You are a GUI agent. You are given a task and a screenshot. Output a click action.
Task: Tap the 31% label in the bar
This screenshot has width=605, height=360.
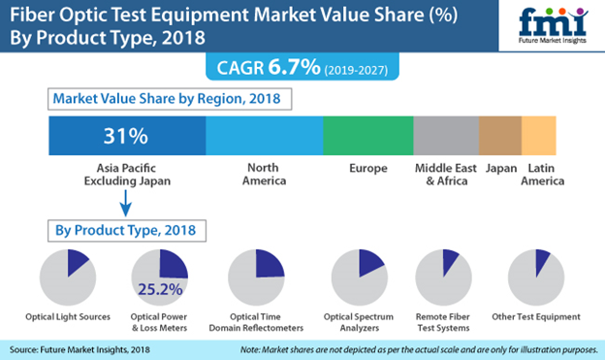pos(126,134)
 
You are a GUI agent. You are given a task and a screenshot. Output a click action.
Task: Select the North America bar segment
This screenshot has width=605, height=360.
pos(264,134)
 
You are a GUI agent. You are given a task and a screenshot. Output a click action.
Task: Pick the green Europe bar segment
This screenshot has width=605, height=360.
pos(367,134)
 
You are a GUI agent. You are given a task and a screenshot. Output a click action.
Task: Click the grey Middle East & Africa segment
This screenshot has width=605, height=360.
pos(445,134)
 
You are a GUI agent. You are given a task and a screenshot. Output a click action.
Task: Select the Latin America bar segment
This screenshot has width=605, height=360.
pos(539,134)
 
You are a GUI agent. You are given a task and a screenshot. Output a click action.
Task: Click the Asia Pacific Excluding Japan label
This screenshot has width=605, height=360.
pos(126,175)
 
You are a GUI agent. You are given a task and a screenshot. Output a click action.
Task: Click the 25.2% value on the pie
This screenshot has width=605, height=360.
pos(159,288)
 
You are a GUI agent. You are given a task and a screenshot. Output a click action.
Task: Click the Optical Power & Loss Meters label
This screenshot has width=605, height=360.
pos(159,322)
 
